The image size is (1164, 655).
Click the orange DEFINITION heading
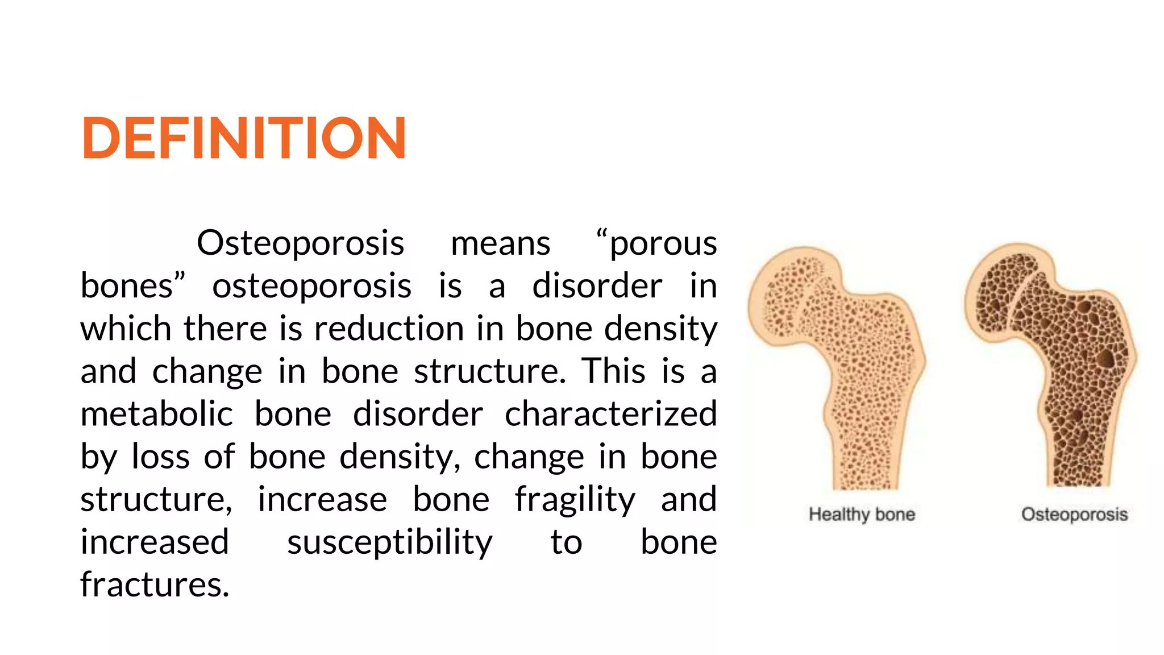click(x=244, y=138)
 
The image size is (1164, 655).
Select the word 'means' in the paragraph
click(x=500, y=244)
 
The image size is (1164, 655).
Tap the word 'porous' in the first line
click(x=663, y=244)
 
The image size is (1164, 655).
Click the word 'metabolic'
click(x=156, y=414)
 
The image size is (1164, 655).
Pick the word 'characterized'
click(x=610, y=414)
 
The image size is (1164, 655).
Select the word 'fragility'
click(x=575, y=500)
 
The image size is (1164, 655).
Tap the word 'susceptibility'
click(x=389, y=542)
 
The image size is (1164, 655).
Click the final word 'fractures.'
click(x=155, y=585)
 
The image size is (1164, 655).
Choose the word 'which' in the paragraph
click(x=126, y=329)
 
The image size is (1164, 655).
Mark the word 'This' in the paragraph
click(x=613, y=372)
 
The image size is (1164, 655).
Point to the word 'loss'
click(x=160, y=457)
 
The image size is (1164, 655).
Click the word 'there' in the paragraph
click(x=225, y=329)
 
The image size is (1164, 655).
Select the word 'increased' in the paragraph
click(x=155, y=542)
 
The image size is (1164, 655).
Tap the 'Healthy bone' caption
click(x=862, y=515)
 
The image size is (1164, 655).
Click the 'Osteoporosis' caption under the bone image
click(x=1074, y=515)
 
